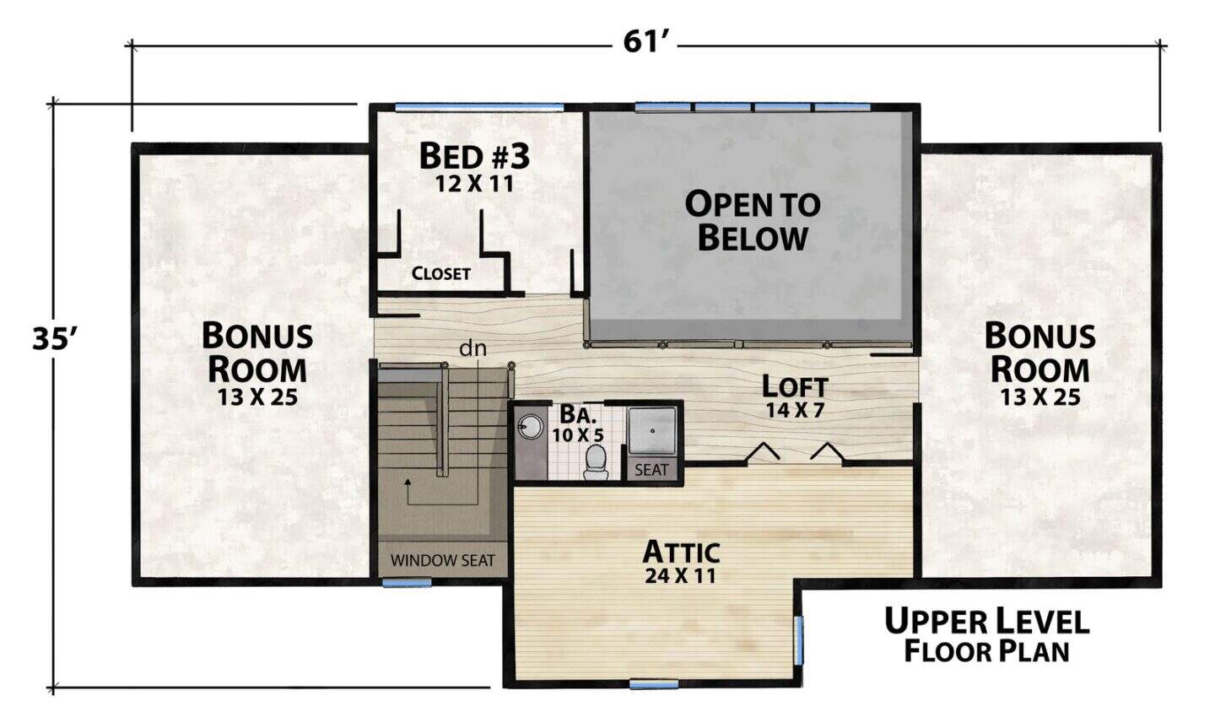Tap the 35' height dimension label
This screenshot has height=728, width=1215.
click(x=52, y=338)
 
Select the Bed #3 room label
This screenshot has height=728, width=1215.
click(x=474, y=156)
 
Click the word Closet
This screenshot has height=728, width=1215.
click(x=440, y=273)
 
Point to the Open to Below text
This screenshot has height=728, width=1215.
click(x=753, y=221)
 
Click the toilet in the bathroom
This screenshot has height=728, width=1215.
click(x=596, y=462)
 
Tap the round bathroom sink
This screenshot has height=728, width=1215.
click(x=530, y=427)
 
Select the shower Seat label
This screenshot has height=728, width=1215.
click(x=651, y=470)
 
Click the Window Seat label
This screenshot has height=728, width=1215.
click(x=443, y=560)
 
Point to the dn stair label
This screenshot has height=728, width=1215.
click(x=473, y=348)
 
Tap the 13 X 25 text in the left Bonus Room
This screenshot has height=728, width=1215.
click(x=257, y=397)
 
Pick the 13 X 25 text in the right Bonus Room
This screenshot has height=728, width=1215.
click(x=1039, y=397)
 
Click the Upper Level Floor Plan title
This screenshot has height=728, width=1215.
click(x=986, y=636)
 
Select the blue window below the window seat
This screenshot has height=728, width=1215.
click(x=407, y=583)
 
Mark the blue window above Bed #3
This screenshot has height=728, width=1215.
click(x=479, y=107)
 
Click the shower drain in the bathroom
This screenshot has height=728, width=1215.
click(x=652, y=431)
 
